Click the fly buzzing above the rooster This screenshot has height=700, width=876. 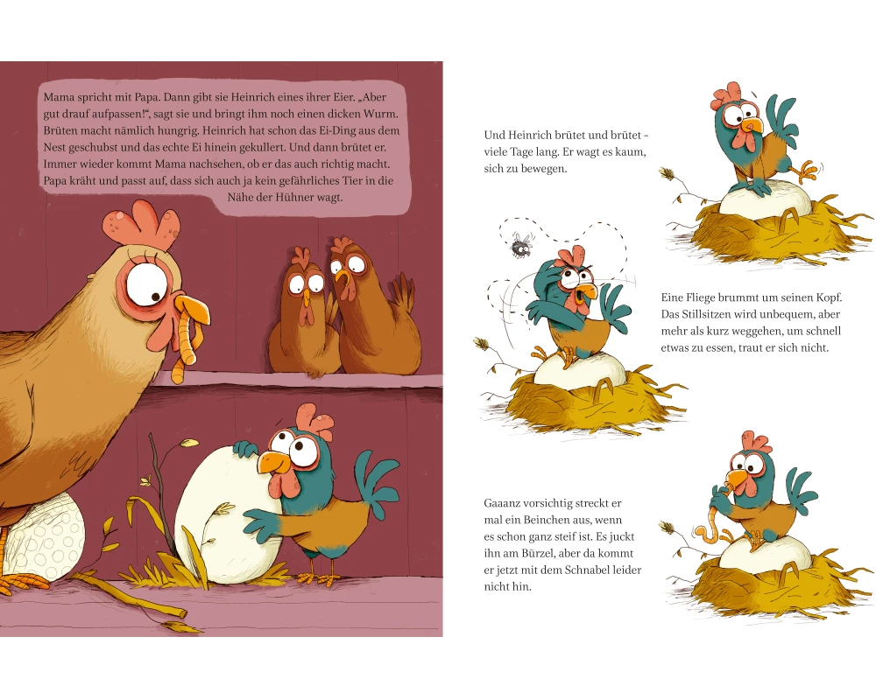tap(521, 244)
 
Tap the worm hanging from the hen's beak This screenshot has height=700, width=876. tap(183, 346)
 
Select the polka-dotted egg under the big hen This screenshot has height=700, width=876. tap(42, 535)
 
